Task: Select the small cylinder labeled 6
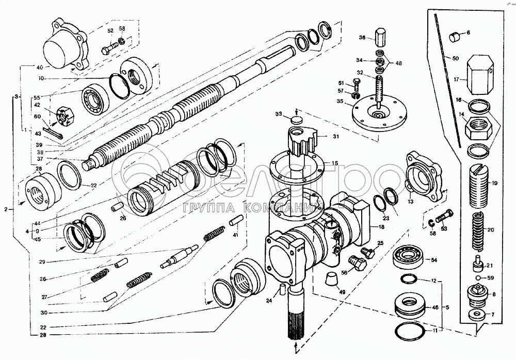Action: pos(454,37)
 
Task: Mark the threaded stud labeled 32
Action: pos(380,88)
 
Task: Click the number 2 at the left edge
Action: pos(5,209)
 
